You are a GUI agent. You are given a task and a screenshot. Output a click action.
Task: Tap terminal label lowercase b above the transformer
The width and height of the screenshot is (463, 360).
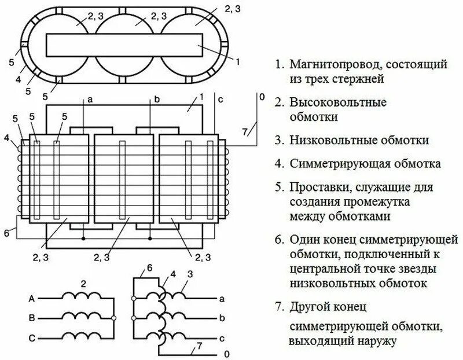tap(156, 100)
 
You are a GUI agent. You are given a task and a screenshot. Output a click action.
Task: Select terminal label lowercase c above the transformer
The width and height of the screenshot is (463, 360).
tap(221, 98)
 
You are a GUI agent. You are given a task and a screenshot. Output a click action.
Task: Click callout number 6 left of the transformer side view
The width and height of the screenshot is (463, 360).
tap(6, 233)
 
